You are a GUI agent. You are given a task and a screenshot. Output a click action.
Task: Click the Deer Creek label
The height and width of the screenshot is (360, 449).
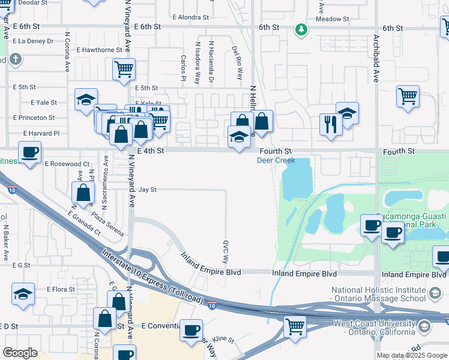[276, 161]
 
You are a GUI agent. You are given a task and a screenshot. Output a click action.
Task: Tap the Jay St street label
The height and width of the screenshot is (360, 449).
[147, 190]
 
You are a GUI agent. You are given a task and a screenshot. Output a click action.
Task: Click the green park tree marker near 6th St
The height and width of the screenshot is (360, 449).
[300, 29]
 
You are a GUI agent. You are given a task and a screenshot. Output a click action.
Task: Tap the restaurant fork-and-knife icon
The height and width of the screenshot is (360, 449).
[330, 124]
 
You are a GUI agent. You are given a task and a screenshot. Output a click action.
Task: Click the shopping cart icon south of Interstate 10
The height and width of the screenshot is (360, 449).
[294, 327]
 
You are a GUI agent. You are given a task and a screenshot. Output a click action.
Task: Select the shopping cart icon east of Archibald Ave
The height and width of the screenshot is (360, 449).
[408, 96]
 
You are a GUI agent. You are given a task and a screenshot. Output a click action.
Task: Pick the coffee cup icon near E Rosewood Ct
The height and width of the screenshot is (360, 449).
[29, 152]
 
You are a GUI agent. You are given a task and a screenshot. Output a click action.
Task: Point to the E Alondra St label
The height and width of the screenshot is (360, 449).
[193, 17]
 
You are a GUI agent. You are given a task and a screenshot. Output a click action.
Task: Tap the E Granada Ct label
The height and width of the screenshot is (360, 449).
[83, 221]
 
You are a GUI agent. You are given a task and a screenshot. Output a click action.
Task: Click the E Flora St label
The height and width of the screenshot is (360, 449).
[61, 289]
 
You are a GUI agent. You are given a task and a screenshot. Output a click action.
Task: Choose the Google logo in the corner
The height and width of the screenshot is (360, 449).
[20, 352]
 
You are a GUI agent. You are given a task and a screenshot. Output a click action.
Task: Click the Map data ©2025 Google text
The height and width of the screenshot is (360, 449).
[411, 355]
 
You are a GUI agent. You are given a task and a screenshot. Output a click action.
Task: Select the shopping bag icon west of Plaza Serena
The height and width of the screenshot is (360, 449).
[83, 193]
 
